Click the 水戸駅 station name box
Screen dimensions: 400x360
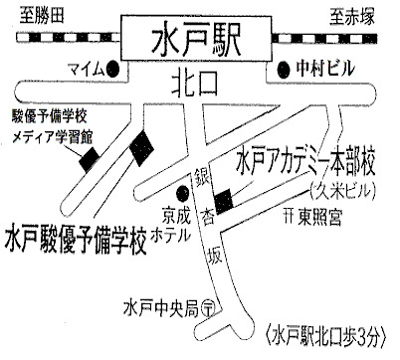point(196,38)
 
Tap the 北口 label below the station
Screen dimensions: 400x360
point(195,85)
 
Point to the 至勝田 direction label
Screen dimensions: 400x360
point(42,16)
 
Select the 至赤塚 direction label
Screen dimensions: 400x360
point(352,17)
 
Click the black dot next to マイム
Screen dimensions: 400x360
point(112,70)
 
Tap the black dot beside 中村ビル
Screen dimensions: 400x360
point(284,70)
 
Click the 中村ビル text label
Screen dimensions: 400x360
point(325,69)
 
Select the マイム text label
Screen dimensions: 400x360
point(86,70)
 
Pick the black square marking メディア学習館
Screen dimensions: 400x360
point(90,160)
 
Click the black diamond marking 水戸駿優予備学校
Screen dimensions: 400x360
point(141,148)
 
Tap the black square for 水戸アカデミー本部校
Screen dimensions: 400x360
point(224,201)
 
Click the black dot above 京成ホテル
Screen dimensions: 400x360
point(182,193)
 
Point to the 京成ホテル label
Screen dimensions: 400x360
point(172,225)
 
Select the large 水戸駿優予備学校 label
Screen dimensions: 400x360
point(76,240)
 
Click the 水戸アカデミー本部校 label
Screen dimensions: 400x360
point(305,162)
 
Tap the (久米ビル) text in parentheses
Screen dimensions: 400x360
point(342,191)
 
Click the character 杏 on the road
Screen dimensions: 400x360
point(208,218)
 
